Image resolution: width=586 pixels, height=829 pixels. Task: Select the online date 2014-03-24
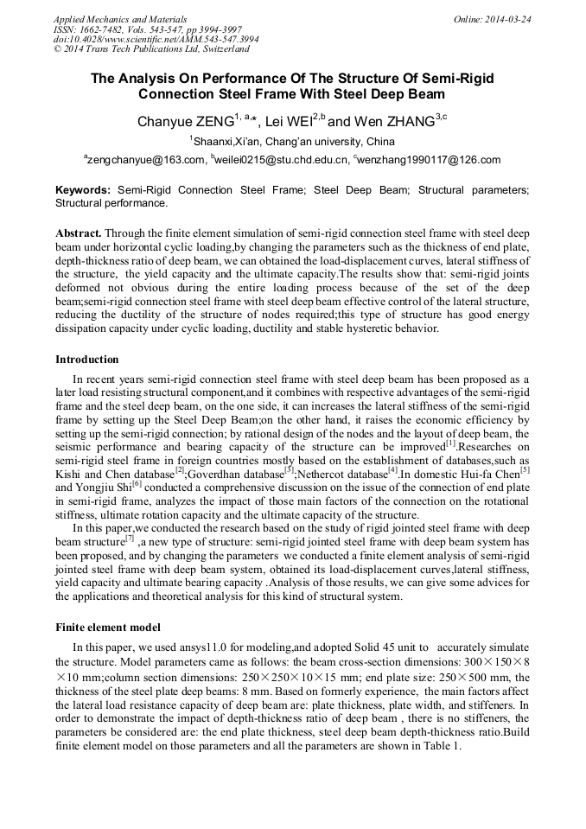[506, 18]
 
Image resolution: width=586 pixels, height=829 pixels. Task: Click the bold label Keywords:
[83, 189]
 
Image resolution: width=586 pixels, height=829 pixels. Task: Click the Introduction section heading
[87, 359]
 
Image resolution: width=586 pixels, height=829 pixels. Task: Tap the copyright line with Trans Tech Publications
[150, 49]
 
